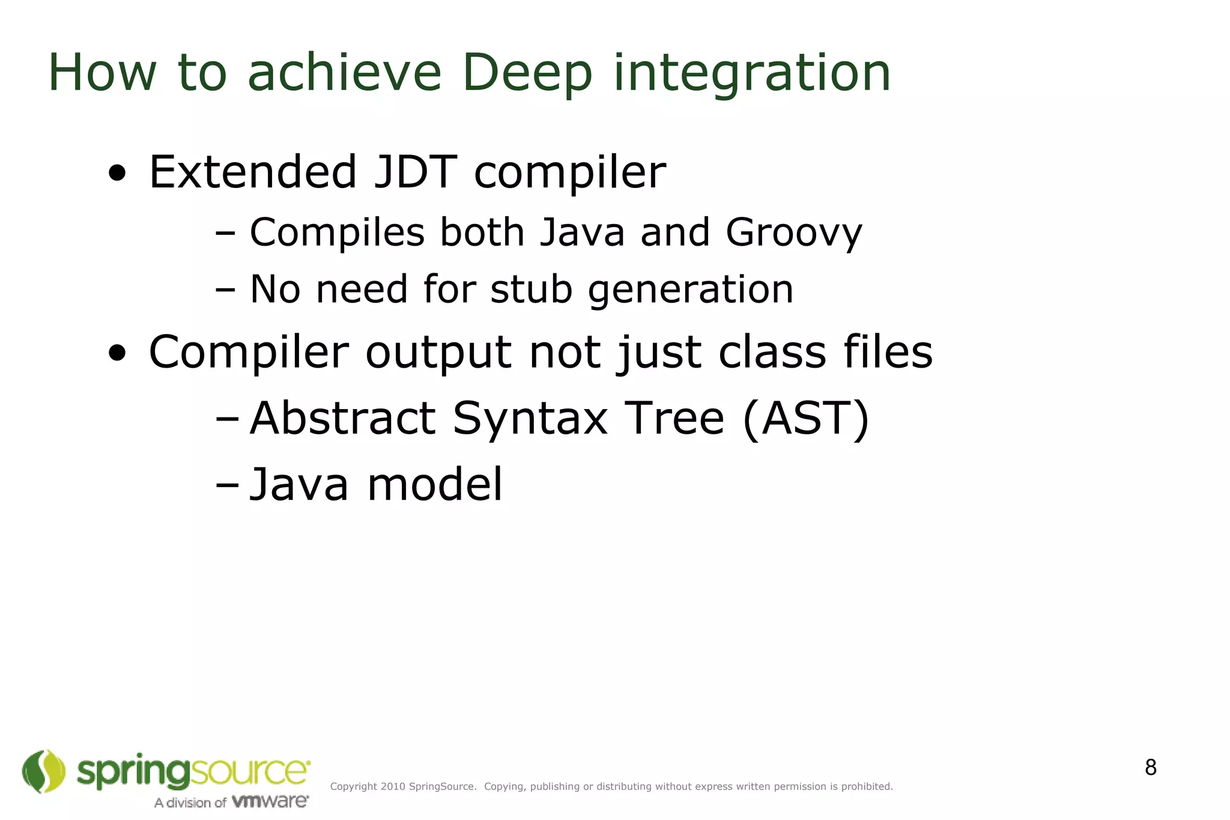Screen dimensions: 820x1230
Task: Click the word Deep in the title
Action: (527, 73)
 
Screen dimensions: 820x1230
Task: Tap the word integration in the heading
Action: (751, 73)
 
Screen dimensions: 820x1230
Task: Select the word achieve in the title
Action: (344, 73)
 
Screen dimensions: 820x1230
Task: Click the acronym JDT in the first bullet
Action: (415, 172)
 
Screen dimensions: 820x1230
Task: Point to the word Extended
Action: (253, 172)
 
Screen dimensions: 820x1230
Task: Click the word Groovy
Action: (793, 233)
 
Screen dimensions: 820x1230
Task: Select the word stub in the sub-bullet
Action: (531, 290)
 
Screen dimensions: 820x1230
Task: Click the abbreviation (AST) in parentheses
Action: (805, 419)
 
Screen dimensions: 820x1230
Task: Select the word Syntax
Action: (530, 420)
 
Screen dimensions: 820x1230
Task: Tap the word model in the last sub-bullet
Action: (435, 485)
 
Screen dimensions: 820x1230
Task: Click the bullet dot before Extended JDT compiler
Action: (117, 174)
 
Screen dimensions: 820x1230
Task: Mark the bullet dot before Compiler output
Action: (117, 354)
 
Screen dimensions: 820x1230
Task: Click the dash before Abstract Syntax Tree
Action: (226, 420)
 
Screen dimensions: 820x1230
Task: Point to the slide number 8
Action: (1150, 768)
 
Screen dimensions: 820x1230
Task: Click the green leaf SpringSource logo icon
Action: (43, 771)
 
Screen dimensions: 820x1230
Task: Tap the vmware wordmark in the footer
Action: (270, 801)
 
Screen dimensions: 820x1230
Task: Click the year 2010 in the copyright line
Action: (393, 787)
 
